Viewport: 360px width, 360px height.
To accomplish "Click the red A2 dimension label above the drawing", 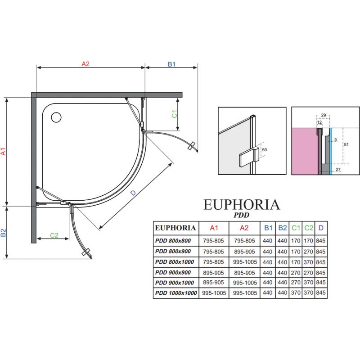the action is [85, 64].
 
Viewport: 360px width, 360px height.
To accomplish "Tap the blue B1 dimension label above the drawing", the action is [171, 64].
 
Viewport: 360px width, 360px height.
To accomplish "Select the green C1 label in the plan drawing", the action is [175, 114].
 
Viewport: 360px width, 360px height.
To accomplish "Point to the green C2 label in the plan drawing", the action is [54, 235].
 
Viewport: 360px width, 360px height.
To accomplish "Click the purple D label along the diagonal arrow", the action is [133, 193].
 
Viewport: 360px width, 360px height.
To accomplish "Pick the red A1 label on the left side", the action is [3, 152].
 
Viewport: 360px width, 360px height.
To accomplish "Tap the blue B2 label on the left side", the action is [3, 233].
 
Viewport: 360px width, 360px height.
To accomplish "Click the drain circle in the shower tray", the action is [56, 117].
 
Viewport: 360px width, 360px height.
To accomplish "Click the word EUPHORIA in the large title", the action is [242, 205].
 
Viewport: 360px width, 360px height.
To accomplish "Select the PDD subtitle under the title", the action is [242, 215].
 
